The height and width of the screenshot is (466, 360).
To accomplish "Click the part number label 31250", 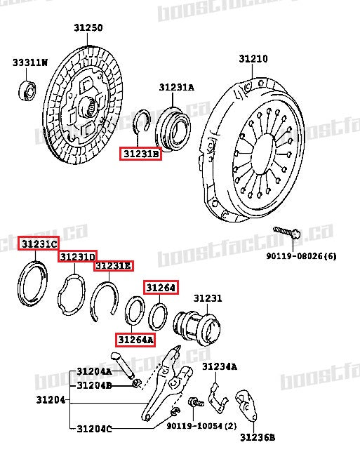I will click(x=88, y=28).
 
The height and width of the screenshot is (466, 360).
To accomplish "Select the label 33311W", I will click(x=29, y=63).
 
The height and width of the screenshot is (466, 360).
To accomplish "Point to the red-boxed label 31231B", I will click(x=140, y=153).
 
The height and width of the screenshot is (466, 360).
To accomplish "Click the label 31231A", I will click(x=176, y=88).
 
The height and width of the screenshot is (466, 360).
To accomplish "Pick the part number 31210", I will click(x=253, y=59).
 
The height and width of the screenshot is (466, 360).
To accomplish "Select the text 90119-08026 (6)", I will click(x=300, y=256).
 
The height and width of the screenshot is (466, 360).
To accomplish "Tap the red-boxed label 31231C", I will click(x=39, y=244).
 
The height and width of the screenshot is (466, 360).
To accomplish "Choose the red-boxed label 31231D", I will click(x=77, y=257).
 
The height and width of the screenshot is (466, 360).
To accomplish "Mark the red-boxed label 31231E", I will click(x=114, y=266).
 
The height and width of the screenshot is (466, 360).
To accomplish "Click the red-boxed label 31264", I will click(x=161, y=287).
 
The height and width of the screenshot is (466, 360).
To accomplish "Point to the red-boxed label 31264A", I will click(x=135, y=340).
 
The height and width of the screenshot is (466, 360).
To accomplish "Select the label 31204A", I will click(x=94, y=371).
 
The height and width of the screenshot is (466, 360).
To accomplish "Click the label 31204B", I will click(x=94, y=385).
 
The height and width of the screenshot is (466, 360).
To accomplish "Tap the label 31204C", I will click(x=94, y=429).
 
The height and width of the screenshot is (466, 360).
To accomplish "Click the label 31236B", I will click(x=258, y=438).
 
